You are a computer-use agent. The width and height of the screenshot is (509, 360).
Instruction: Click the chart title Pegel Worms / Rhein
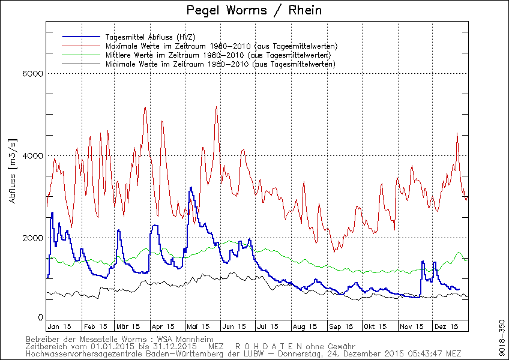[x=253, y=10]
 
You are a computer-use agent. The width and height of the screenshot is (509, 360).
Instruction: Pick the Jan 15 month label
[x=59, y=326]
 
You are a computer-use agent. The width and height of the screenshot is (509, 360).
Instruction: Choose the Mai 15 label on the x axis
[x=198, y=326]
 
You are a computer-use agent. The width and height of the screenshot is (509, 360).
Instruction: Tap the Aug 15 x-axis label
[x=304, y=326]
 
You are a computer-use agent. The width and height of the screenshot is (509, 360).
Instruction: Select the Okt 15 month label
[x=374, y=326]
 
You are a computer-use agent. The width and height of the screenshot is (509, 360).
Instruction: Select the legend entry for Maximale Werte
[x=220, y=46]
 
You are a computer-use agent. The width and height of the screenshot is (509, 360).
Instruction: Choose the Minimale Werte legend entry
[x=220, y=64]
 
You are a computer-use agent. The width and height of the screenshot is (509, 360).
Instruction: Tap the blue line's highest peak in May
[x=190, y=188]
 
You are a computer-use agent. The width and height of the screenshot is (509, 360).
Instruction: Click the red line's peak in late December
[x=457, y=134]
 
